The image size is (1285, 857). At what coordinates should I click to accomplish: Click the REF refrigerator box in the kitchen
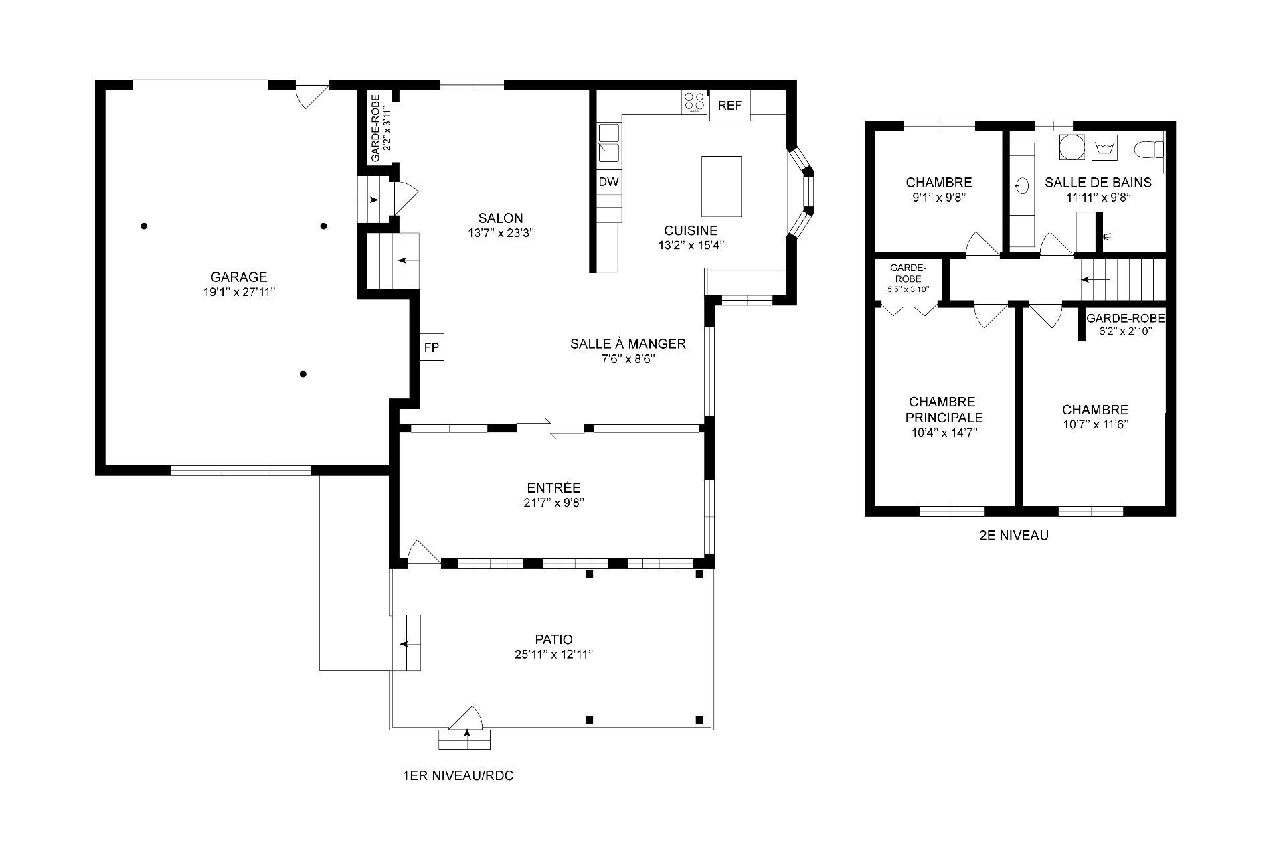730,106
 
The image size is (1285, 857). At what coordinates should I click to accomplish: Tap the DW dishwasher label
608,182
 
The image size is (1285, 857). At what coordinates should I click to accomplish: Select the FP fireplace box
432,347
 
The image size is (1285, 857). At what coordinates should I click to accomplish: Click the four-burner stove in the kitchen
695,102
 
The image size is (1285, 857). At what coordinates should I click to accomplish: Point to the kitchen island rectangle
721,186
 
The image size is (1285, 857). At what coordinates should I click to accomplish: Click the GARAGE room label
239,277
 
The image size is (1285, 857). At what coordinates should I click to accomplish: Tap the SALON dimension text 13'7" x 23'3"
501,233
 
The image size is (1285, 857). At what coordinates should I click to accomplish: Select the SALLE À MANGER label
628,344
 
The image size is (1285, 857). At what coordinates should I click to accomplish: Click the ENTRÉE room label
553,488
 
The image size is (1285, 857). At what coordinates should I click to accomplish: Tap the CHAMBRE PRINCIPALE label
944,410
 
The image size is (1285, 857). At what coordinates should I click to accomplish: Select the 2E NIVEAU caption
1013,536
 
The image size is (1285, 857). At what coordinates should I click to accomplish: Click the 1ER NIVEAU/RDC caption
458,777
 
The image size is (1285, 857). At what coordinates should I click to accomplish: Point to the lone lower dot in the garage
303,374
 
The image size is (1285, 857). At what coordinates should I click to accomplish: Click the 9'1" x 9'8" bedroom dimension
938,198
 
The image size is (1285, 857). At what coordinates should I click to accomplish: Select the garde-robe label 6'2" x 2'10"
1126,331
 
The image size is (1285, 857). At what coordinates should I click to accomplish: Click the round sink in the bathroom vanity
1022,186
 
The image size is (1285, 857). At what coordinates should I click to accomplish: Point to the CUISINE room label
691,230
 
